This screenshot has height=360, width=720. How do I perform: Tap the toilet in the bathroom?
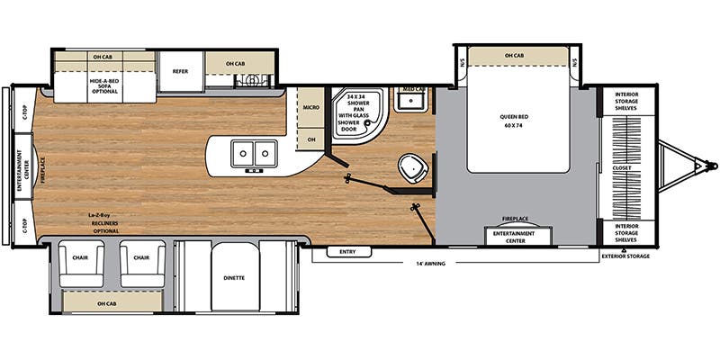coord(413,166)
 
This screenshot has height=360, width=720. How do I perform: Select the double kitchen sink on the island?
coord(254,154)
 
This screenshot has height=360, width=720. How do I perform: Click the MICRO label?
coord(310,108)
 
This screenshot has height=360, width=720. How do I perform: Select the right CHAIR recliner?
coord(141,257)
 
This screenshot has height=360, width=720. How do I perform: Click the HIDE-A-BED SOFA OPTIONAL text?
coord(104,85)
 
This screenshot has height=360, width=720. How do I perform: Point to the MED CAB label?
coord(413,89)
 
